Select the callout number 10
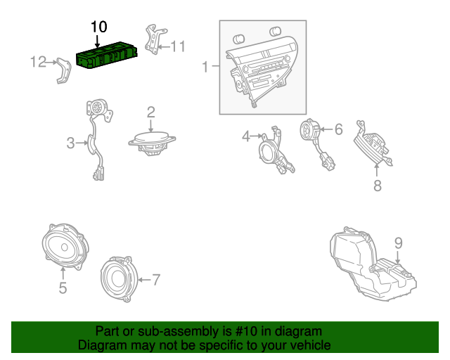(x=98, y=27)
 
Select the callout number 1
(x=205, y=67)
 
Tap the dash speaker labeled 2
(x=152, y=140)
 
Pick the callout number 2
(x=150, y=112)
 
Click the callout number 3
(x=70, y=143)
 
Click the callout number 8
(x=377, y=186)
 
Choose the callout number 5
(x=62, y=288)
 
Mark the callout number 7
(x=156, y=279)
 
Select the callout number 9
(x=398, y=243)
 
